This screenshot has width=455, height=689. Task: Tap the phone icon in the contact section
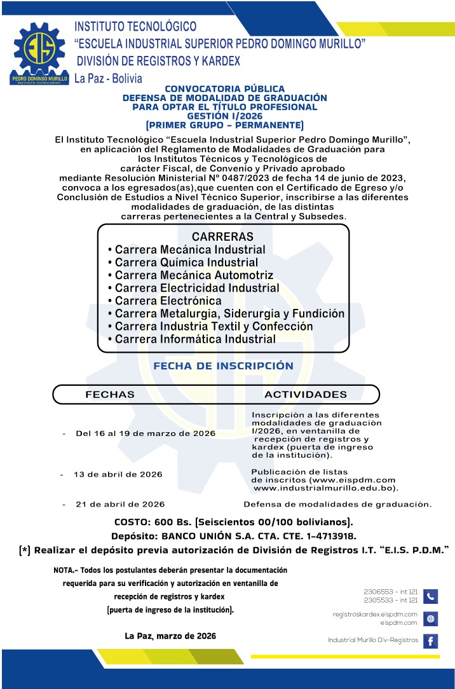click(430, 596)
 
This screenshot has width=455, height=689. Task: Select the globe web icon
click(430, 618)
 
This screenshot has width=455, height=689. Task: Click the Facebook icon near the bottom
click(430, 641)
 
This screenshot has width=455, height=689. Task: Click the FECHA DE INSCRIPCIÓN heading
click(223, 366)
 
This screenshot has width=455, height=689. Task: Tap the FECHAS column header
click(110, 394)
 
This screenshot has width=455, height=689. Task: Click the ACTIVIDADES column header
click(306, 394)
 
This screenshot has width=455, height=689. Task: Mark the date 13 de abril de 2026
click(118, 474)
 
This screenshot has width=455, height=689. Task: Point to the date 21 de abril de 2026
click(120, 504)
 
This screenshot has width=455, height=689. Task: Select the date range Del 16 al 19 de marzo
click(145, 433)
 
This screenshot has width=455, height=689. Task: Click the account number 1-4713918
click(325, 536)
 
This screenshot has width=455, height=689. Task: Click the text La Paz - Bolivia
click(108, 78)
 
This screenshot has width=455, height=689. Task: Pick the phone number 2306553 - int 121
click(390, 592)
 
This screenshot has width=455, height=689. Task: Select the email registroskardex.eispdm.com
click(375, 614)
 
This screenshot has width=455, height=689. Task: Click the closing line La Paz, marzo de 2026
click(170, 636)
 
